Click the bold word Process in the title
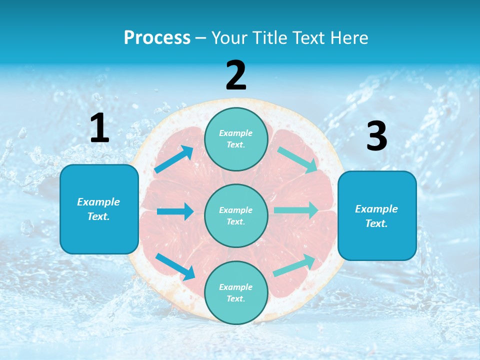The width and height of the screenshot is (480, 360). point(157,37)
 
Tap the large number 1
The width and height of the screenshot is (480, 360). point(99,128)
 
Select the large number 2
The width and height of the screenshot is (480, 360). point(236,75)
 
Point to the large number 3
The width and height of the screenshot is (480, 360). point(376,136)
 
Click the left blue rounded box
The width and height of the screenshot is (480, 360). point(99,209)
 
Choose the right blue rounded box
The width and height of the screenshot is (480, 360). point(377,215)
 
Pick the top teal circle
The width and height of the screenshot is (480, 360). point(236,139)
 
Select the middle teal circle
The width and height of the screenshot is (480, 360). point(236,215)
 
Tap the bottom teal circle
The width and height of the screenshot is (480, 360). point(236,292)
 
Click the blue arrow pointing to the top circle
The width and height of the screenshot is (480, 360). point(174,159)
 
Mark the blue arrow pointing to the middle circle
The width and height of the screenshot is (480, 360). point(175,211)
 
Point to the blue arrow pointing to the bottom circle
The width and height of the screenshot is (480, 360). point(175,266)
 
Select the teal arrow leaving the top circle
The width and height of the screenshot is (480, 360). point(297,159)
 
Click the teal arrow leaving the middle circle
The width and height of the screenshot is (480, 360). point(296,210)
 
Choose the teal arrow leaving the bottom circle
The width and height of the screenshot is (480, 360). point(294,265)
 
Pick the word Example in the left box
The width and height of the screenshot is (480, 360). point(98,202)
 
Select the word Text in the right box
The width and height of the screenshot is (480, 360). point(376,223)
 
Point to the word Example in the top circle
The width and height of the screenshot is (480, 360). point(236,133)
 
